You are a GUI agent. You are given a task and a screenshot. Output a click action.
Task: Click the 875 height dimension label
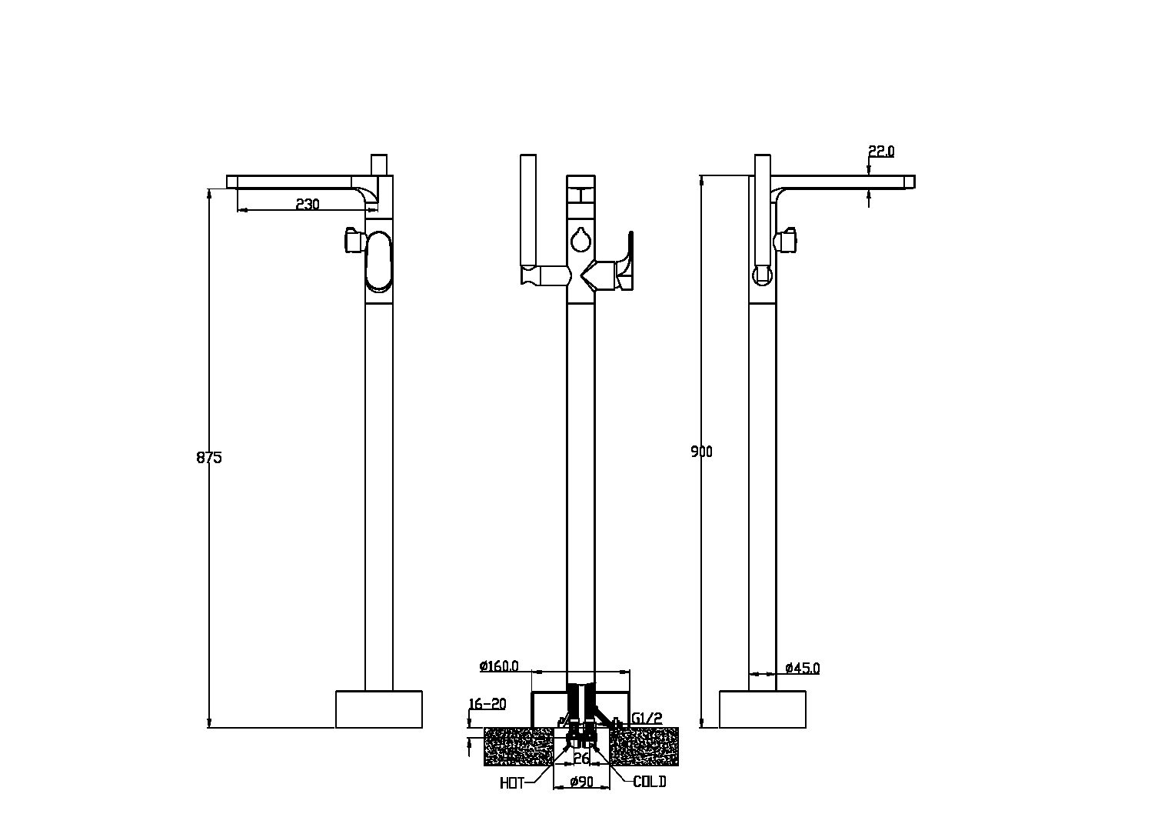[x=209, y=457]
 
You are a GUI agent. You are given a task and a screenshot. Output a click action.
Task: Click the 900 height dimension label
[x=701, y=452]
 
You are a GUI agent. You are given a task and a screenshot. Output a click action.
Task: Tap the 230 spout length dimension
[x=308, y=204]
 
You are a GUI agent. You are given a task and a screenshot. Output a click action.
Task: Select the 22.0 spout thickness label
[x=881, y=151]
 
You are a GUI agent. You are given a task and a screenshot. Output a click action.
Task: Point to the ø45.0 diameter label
[x=803, y=668]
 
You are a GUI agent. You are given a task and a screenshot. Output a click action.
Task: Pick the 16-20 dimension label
[x=487, y=703]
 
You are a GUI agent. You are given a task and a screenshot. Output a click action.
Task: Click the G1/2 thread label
[x=647, y=719]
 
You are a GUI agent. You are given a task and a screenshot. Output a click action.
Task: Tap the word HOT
[x=512, y=783]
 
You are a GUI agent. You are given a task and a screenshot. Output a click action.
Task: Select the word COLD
[x=650, y=782]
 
